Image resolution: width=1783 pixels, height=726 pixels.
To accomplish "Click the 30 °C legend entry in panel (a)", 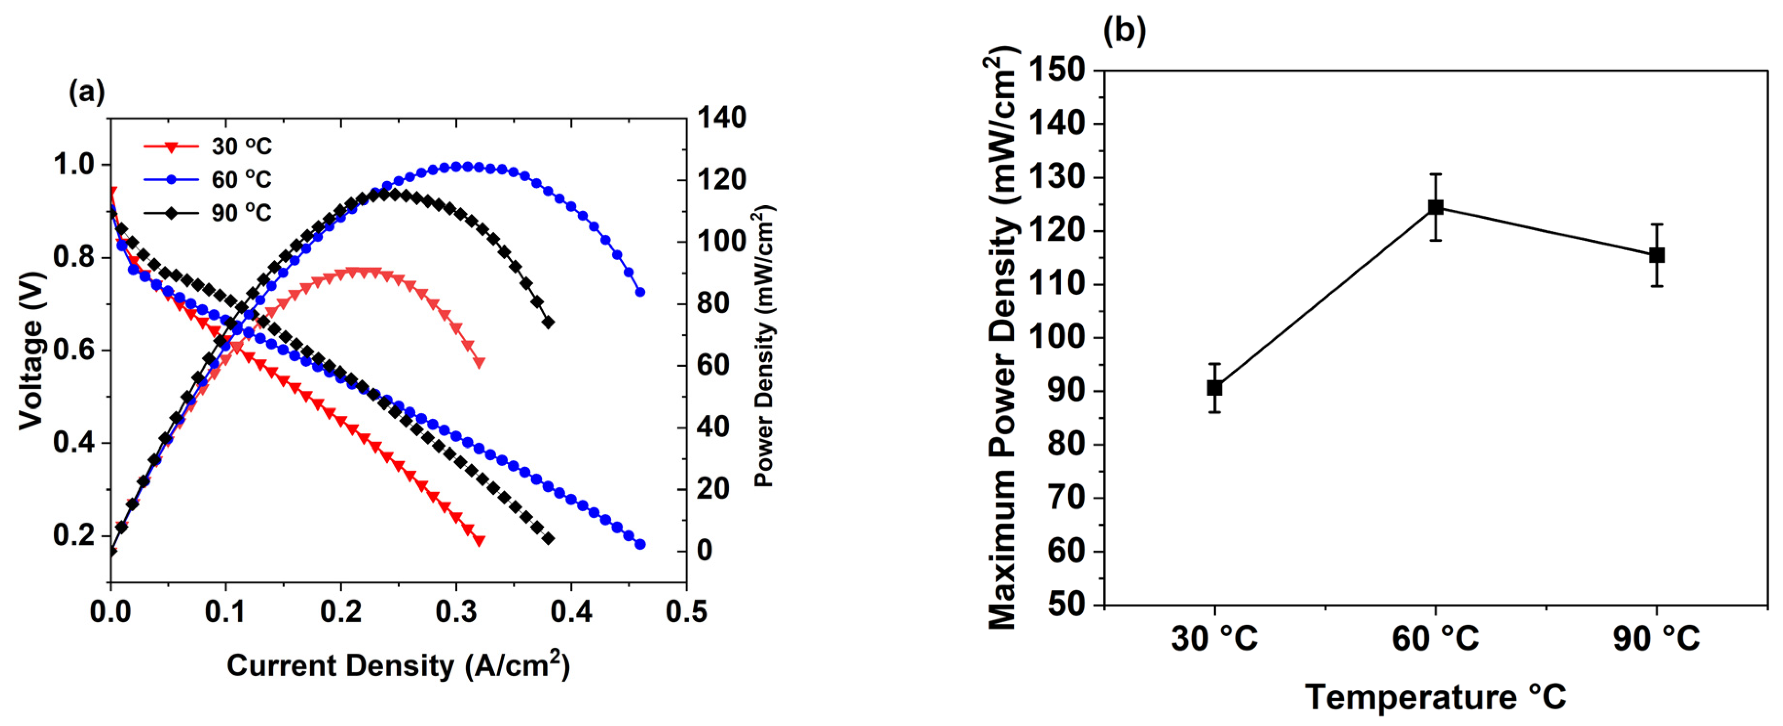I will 207,147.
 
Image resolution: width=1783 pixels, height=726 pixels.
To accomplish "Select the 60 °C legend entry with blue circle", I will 207,180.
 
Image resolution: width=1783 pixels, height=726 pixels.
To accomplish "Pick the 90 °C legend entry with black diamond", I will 207,212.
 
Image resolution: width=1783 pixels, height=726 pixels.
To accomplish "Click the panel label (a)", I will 87,92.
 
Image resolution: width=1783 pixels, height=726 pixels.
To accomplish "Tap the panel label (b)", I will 1124,31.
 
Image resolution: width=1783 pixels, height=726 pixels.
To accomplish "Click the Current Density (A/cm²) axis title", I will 398,665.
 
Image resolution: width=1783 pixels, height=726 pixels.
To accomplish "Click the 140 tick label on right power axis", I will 721,118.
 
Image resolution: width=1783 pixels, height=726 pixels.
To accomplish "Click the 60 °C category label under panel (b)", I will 1435,638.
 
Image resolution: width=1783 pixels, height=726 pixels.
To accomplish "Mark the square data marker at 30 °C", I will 1214,388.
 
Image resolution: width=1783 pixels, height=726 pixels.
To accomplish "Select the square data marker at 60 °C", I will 1435,207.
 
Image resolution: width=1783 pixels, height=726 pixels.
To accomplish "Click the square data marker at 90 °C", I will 1656,255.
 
